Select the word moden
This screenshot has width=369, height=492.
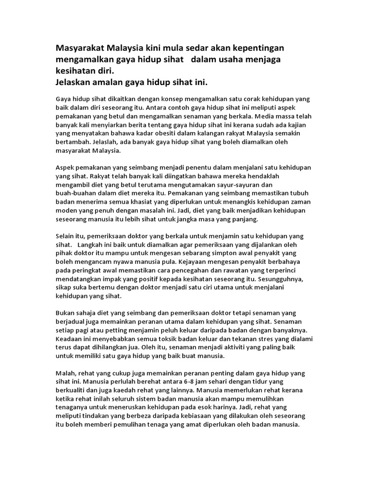68,210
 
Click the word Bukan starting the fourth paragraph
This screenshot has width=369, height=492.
66,313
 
